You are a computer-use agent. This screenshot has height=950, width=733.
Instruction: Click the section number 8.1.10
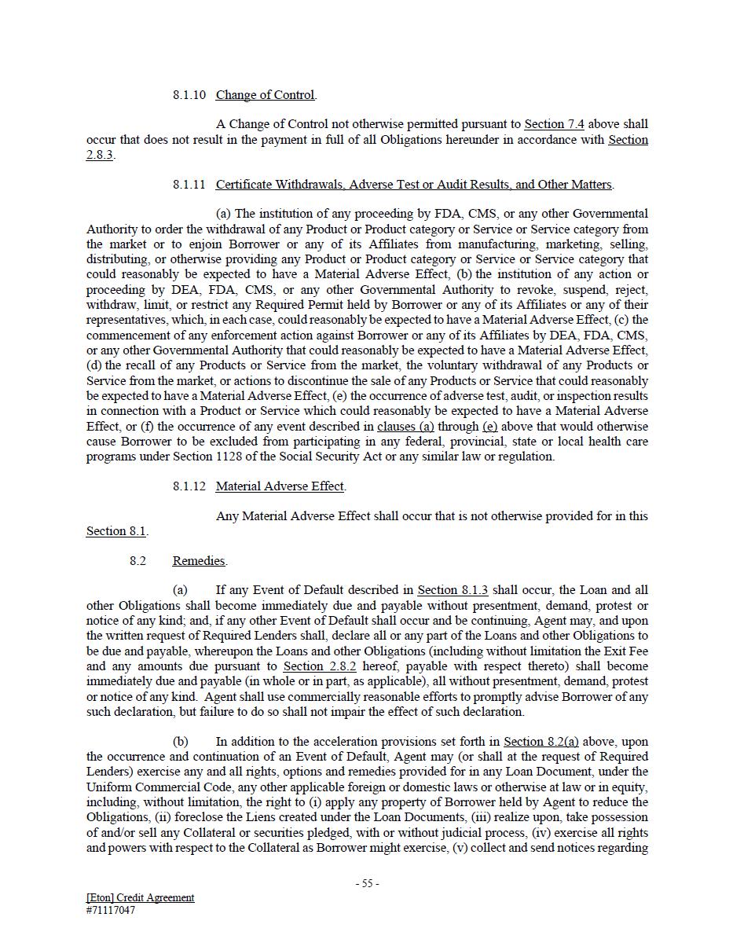pos(189,95)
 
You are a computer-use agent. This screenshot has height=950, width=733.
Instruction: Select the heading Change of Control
pos(266,95)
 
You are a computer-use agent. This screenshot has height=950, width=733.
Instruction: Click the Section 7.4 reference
pos(554,124)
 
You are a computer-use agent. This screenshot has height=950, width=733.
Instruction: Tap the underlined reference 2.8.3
pos(100,155)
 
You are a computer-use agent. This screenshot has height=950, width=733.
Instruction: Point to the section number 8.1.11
pos(189,185)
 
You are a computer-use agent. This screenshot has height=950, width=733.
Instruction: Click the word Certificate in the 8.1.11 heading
pos(247,185)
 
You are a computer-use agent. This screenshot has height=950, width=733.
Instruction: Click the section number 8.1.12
pos(189,486)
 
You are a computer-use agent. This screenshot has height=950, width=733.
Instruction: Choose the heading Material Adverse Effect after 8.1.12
pos(280,486)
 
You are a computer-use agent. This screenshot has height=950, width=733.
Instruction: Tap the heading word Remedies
pos(199,561)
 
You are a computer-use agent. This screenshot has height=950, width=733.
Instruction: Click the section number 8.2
pos(138,561)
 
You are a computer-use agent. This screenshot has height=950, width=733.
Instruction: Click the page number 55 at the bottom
pos(367,883)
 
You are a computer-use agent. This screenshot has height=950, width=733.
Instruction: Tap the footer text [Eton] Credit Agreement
pos(141,897)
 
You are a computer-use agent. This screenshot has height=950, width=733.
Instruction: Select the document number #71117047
pos(111,911)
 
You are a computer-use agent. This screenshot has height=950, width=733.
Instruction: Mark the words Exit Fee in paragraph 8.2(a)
pos(625,651)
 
